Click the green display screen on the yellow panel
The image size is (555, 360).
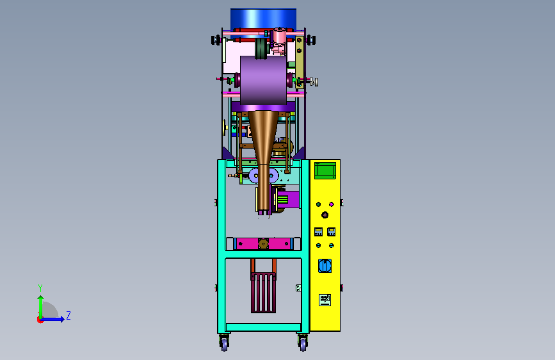325,171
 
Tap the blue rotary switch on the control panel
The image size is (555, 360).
325,266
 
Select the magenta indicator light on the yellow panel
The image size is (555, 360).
332,204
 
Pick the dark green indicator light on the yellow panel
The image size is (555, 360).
318,204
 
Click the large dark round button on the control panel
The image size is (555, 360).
325,215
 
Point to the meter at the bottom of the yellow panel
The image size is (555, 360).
325,300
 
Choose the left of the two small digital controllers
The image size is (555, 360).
318,232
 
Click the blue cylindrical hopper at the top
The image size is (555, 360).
263,19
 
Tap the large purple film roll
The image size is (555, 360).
263,81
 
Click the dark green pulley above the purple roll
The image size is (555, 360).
261,49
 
